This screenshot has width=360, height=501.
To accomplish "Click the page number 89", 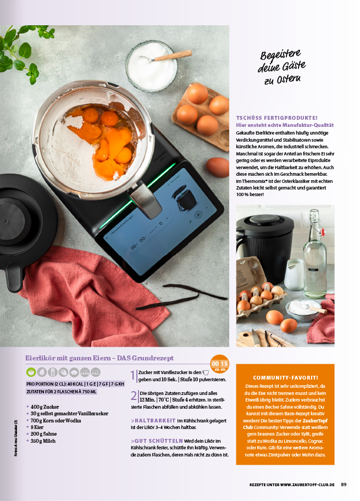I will (x=344, y=485).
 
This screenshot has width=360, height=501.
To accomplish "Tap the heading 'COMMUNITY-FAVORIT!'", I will (x=285, y=377).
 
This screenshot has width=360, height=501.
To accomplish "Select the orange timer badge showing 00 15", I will (x=219, y=364).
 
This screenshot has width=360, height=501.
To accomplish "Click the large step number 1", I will (x=133, y=376).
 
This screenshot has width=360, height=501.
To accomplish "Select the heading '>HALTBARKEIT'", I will (x=153, y=420).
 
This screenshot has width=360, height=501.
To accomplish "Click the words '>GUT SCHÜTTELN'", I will (x=157, y=441).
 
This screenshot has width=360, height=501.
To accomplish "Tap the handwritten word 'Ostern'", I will (x=289, y=79).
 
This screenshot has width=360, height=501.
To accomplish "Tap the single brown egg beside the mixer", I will (x=218, y=167).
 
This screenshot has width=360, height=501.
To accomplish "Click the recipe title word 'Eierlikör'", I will (x=42, y=358).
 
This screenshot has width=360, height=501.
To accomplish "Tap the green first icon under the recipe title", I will (x=31, y=372).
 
